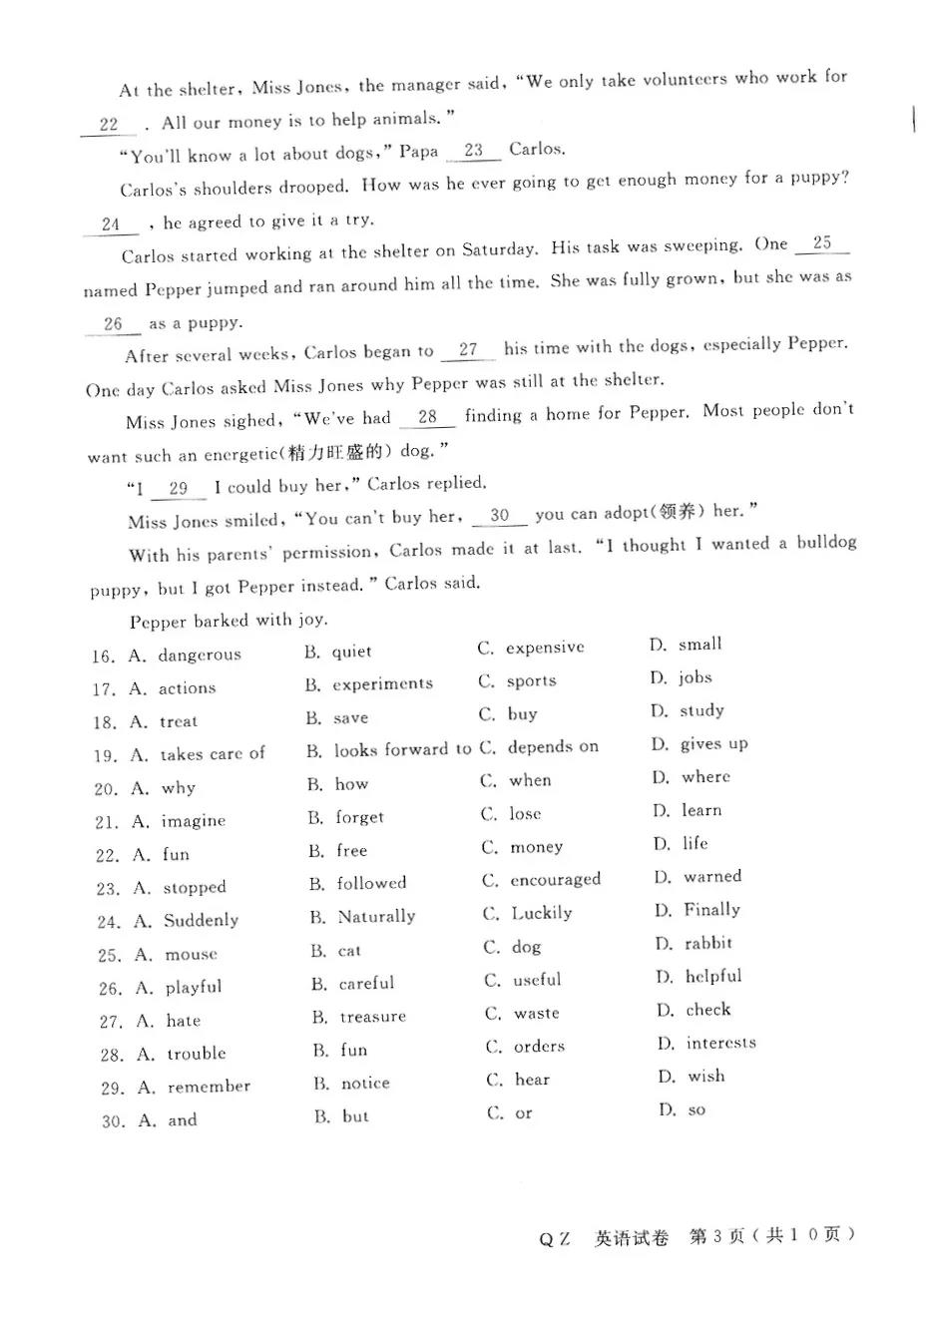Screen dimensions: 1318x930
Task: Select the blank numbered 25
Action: (822, 242)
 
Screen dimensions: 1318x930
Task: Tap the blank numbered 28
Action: (427, 417)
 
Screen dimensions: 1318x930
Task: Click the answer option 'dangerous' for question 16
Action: (200, 655)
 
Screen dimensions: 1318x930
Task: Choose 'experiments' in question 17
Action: (382, 683)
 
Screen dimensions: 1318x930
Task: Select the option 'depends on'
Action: (553, 746)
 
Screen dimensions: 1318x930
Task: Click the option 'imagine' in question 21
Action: (194, 821)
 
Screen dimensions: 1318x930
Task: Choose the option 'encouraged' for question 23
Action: (555, 880)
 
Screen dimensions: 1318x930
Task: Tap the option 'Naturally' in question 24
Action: (376, 916)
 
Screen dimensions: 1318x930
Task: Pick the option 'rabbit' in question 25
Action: (708, 943)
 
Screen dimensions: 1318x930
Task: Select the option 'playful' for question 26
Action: (194, 987)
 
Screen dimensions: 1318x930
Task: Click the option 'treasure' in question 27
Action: (372, 1017)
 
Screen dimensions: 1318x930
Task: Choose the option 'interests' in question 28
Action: (720, 1043)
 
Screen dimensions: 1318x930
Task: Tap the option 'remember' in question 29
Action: (209, 1087)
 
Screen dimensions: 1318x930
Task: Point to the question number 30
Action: (113, 1121)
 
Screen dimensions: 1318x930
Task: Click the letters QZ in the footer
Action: (555, 1239)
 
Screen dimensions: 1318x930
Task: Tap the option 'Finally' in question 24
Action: (711, 909)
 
